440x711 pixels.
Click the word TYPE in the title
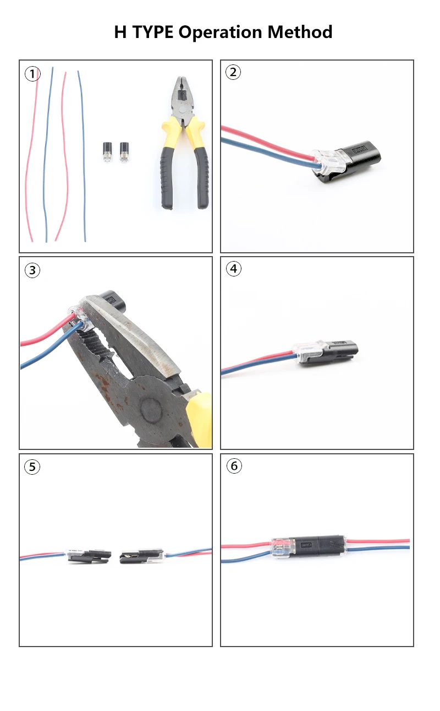[153, 32]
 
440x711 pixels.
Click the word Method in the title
[300, 32]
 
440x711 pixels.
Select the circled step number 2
[233, 72]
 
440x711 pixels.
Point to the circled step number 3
[32, 270]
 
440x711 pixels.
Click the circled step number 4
[234, 269]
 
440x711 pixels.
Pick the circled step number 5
[32, 466]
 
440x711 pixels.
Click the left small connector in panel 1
[107, 152]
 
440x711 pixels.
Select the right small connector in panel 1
[124, 152]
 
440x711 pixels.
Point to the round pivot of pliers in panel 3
[152, 409]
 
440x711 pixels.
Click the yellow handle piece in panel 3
[200, 419]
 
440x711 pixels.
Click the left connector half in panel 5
[89, 556]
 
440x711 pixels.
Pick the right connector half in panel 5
[142, 556]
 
